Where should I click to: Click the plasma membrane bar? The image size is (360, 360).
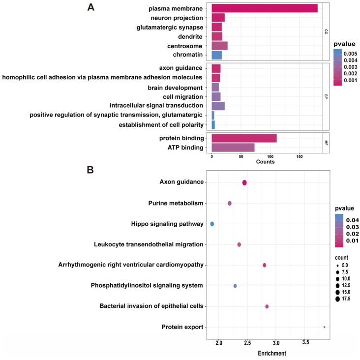tap(264, 8)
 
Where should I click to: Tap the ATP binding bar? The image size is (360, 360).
tap(233, 148)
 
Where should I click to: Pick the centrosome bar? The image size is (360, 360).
tap(219, 46)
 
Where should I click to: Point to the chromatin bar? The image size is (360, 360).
tap(216, 55)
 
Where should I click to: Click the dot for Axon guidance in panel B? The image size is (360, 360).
tap(244, 182)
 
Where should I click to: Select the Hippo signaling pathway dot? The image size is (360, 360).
tap(212, 224)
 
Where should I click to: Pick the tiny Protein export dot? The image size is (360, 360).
tap(324, 327)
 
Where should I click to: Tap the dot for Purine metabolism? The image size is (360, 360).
tap(229, 203)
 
